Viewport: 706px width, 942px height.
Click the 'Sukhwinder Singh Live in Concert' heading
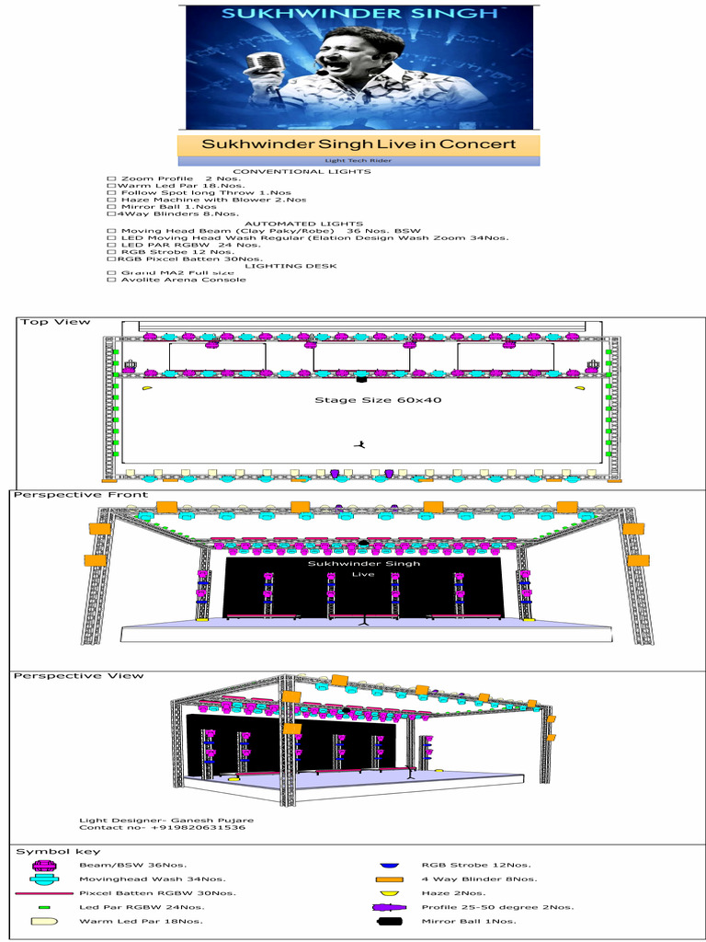click(359, 144)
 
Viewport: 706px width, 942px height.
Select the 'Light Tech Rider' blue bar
click(359, 161)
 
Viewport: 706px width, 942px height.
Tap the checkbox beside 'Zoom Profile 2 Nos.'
click(111, 178)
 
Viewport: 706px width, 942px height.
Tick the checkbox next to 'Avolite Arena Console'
click(111, 280)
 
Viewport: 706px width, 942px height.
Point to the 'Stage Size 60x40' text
click(365, 400)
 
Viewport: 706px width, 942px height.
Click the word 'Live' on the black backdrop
click(364, 575)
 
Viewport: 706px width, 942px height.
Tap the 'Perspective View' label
click(78, 676)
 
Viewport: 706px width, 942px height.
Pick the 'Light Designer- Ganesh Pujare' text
click(165, 820)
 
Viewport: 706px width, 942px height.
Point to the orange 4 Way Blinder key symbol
click(389, 879)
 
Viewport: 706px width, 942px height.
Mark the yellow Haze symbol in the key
click(389, 893)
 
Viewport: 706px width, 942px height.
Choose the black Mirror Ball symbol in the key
click(389, 921)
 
